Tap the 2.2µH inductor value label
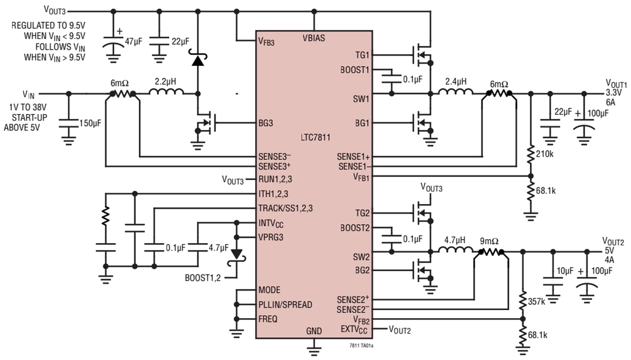(x=165, y=82)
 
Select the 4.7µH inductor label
(x=454, y=240)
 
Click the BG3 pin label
(x=266, y=122)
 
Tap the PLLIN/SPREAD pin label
(x=285, y=304)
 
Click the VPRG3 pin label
(x=270, y=237)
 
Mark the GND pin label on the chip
(x=314, y=331)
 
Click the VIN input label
(x=29, y=93)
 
